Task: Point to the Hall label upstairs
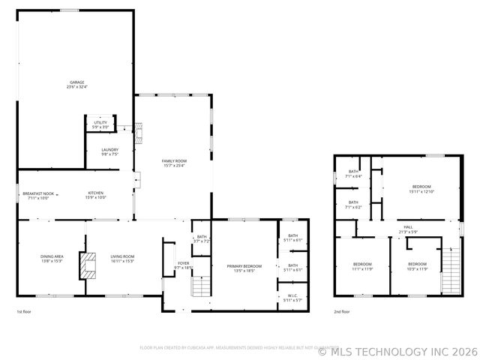(x=408, y=229)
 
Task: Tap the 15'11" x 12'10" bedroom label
(x=421, y=188)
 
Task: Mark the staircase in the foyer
(x=200, y=286)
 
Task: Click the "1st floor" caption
(x=24, y=311)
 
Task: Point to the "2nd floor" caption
(x=341, y=311)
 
